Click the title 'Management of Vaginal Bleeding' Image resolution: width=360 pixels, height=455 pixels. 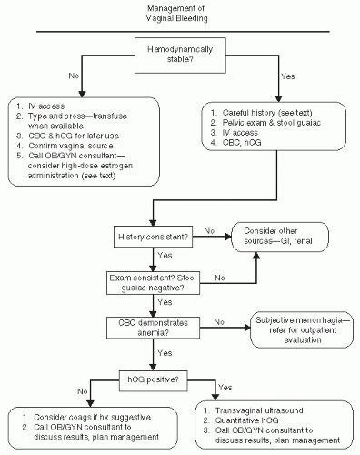(x=180, y=14)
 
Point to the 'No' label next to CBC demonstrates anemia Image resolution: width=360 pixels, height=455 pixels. (x=218, y=320)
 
